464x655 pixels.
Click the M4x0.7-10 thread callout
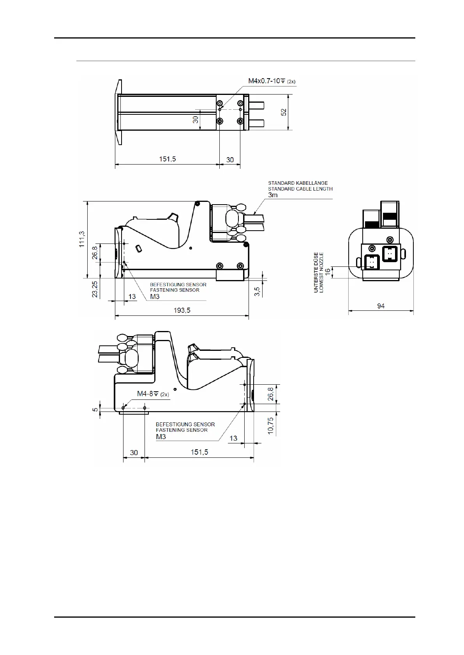coord(272,81)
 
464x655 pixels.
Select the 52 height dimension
coord(284,112)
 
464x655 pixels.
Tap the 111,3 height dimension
coord(82,239)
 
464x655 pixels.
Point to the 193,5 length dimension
coord(182,310)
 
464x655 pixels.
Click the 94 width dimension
coord(381,306)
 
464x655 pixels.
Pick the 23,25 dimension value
coord(95,289)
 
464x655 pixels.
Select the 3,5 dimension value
coord(257,292)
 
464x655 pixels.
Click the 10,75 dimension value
coord(271,426)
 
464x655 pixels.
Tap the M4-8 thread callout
coord(153,394)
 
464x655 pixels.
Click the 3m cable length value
coord(273,195)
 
